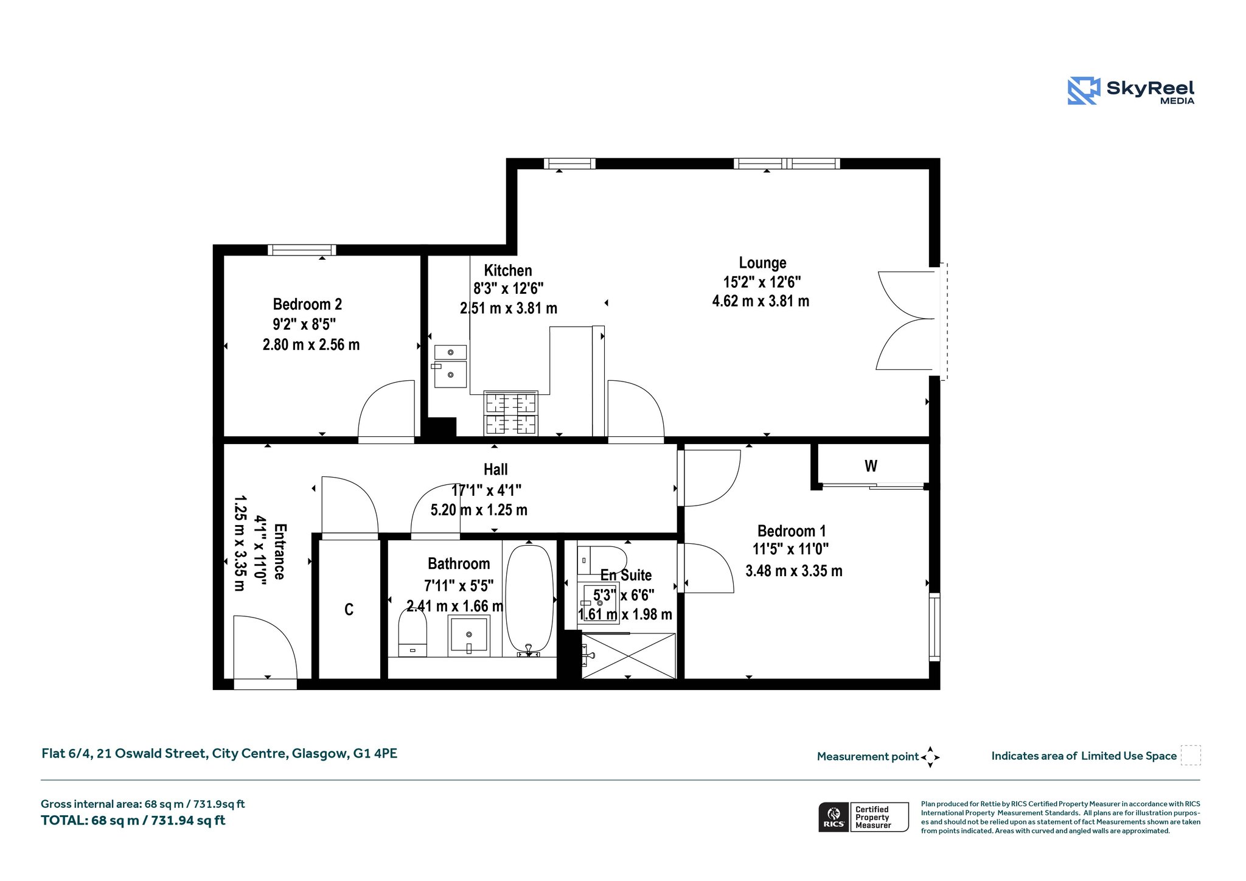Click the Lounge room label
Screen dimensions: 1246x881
coord(762,263)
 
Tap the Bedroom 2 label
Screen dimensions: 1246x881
coord(307,304)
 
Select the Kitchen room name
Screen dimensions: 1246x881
coord(508,271)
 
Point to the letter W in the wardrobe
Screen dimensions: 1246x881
coord(871,466)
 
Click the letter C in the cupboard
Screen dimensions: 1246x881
coord(349,610)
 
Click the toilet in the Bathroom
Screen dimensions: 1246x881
coord(412,632)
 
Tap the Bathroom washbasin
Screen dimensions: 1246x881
coord(468,636)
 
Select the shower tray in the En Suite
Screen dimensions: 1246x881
coord(628,656)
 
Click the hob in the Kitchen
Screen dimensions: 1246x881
coord(510,413)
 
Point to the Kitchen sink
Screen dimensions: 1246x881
coord(450,366)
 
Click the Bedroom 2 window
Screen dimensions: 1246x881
coord(302,250)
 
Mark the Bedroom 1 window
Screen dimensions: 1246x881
coord(934,627)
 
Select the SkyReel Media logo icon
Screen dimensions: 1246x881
coord(1084,91)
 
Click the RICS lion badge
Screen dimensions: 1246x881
coord(834,817)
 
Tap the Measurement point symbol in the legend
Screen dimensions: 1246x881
coord(930,757)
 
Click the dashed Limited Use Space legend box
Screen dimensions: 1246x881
coord(1191,756)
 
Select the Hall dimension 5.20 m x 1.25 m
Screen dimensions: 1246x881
coord(479,510)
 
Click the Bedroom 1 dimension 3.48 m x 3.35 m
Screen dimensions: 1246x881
coord(794,571)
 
